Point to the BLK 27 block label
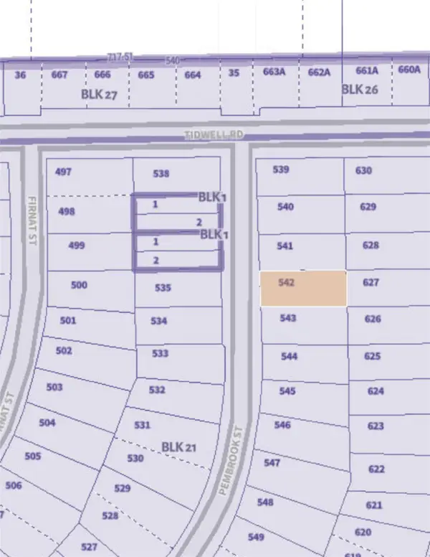[99, 94]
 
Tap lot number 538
[162, 173]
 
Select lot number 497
[63, 172]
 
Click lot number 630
[364, 170]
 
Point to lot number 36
[20, 74]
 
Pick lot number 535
[163, 288]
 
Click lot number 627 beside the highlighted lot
[371, 283]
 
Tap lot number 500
[79, 285]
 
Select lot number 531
[143, 425]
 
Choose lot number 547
[272, 462]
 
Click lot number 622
[376, 469]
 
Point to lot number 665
[146, 75]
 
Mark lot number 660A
[408, 70]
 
